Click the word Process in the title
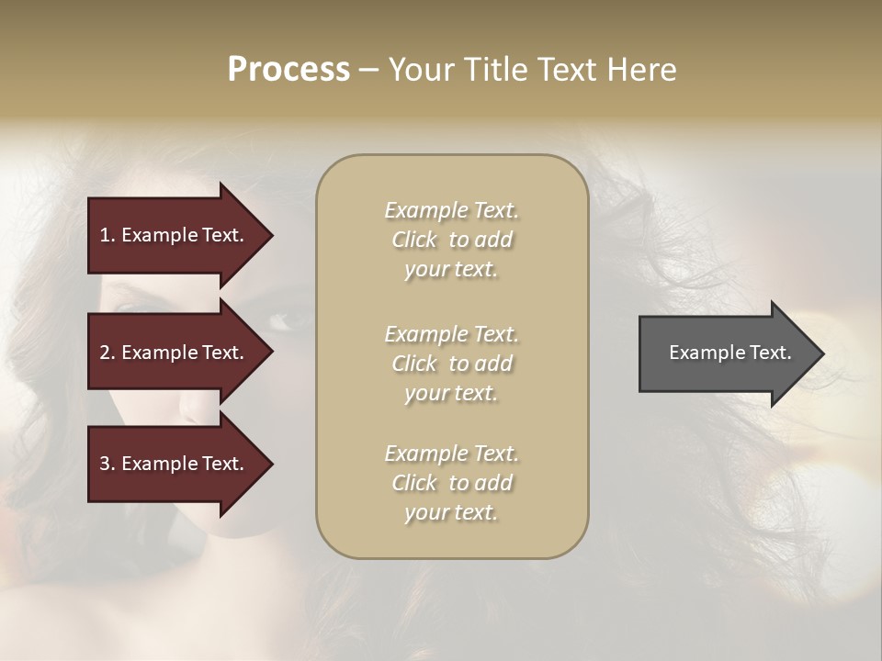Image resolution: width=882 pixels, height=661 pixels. point(288,70)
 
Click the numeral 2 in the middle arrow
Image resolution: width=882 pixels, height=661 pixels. point(105,353)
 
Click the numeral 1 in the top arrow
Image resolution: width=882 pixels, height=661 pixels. point(105,235)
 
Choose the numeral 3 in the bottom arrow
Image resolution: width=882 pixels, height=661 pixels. point(105,464)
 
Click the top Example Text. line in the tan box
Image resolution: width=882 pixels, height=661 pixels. point(451,210)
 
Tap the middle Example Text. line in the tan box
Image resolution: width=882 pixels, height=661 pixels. point(451,334)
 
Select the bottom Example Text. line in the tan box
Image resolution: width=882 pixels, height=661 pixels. point(451,454)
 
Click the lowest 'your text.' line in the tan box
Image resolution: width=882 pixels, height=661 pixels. point(451,512)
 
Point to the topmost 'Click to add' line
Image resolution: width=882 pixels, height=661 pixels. point(451,240)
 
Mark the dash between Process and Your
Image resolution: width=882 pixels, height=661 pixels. point(368,71)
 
